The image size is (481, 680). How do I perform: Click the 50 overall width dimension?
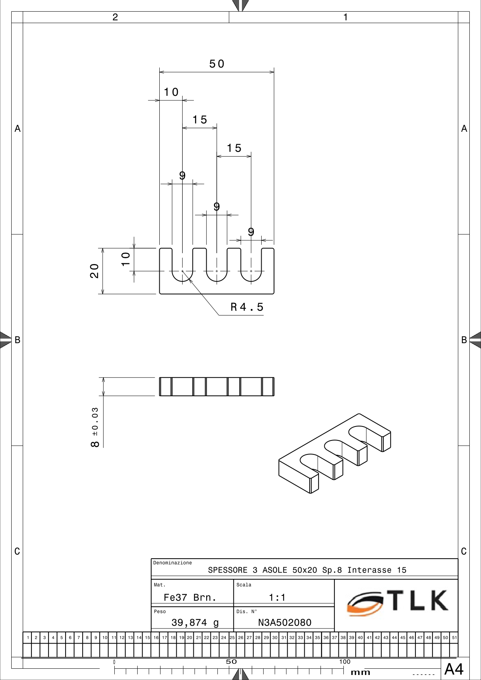(x=217, y=64)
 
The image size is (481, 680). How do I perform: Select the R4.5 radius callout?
(x=247, y=307)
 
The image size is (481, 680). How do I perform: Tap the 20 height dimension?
(x=94, y=271)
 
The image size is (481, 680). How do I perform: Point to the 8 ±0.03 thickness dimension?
(x=95, y=427)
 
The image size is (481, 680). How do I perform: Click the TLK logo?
(x=398, y=603)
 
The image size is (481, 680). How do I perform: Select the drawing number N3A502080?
(x=285, y=623)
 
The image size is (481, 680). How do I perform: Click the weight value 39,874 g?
(x=195, y=623)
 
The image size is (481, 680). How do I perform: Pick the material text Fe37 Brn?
(x=190, y=598)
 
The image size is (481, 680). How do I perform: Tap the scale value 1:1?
(x=277, y=598)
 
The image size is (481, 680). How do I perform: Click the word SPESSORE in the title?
(x=228, y=570)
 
